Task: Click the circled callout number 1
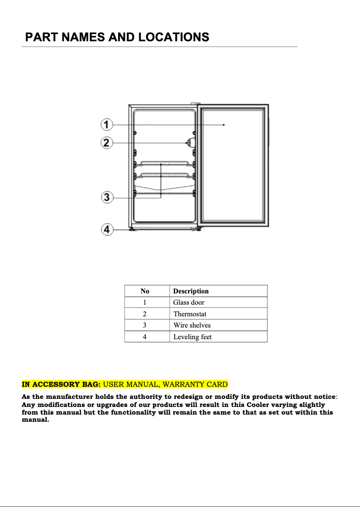tap(106, 124)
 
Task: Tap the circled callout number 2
tap(106, 143)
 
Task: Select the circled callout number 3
tap(106, 197)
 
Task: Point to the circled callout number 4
tap(106, 230)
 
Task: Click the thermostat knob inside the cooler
tap(189, 143)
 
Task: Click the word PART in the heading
tap(42, 37)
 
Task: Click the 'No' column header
tap(145, 291)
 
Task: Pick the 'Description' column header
tap(191, 291)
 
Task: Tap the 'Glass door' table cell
tap(189, 302)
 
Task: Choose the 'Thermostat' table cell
tap(190, 314)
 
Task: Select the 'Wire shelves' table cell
tap(192, 325)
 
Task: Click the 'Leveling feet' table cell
tap(192, 337)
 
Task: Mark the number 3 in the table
tap(145, 325)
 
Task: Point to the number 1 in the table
tap(145, 302)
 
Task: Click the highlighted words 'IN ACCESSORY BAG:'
tap(61, 385)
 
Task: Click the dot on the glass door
tap(224, 125)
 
